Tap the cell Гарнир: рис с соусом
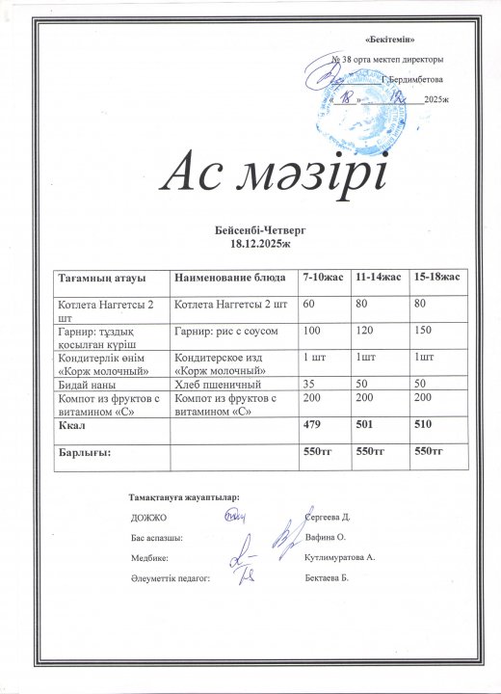225,332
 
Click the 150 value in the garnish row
420,332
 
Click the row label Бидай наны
85,384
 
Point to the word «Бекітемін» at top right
392,38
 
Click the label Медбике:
148,558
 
